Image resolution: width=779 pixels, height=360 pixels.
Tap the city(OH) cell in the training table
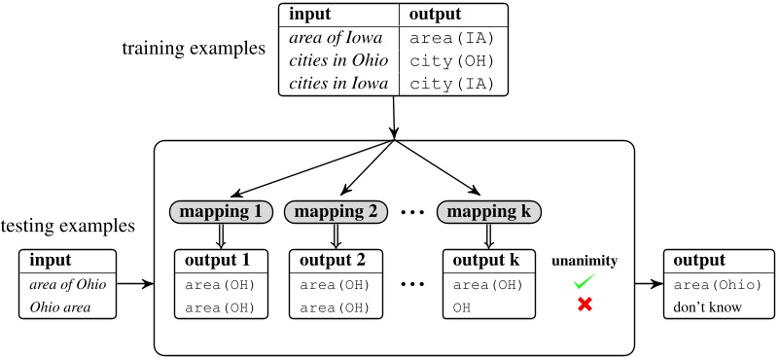(454, 60)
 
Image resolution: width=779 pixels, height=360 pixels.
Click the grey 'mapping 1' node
(220, 210)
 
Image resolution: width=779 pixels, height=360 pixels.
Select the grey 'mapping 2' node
(336, 210)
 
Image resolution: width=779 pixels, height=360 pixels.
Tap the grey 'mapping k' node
(488, 210)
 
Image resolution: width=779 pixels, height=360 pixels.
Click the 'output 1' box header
(220, 260)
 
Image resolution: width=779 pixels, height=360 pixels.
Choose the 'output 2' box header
(336, 260)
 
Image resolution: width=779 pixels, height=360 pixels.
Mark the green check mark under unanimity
(584, 282)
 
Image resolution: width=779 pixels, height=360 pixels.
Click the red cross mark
(584, 306)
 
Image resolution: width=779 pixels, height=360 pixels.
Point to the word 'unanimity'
(584, 261)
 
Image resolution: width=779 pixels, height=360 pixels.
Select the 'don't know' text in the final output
(706, 307)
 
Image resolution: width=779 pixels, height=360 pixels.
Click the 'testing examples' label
(67, 227)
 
